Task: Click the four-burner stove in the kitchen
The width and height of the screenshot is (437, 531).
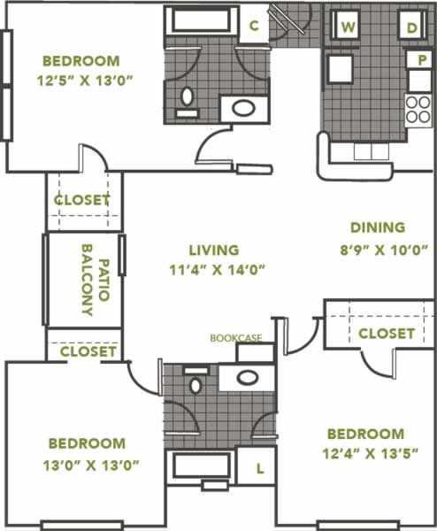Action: pos(418,111)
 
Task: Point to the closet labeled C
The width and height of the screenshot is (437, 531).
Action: pos(254,26)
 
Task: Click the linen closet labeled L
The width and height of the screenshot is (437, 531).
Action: pos(259,469)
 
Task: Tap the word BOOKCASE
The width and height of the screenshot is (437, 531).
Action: pos(236,338)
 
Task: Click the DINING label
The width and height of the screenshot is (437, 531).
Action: pos(378,227)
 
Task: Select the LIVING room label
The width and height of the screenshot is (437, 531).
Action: pos(214,250)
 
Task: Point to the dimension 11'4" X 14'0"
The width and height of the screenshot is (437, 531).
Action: pos(217,270)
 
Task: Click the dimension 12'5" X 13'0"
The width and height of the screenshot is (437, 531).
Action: pos(84,81)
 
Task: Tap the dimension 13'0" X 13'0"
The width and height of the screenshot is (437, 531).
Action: pos(91,466)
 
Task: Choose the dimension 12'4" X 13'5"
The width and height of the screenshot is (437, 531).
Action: pos(371,453)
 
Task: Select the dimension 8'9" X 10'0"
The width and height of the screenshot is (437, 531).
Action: pos(384,250)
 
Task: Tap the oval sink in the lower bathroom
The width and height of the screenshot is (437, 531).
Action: pos(248,377)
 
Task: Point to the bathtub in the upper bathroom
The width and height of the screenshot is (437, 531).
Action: pos(202,21)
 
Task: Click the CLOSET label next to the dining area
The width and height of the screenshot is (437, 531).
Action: pos(387,334)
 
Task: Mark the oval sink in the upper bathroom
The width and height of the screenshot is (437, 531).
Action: pos(244,108)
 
